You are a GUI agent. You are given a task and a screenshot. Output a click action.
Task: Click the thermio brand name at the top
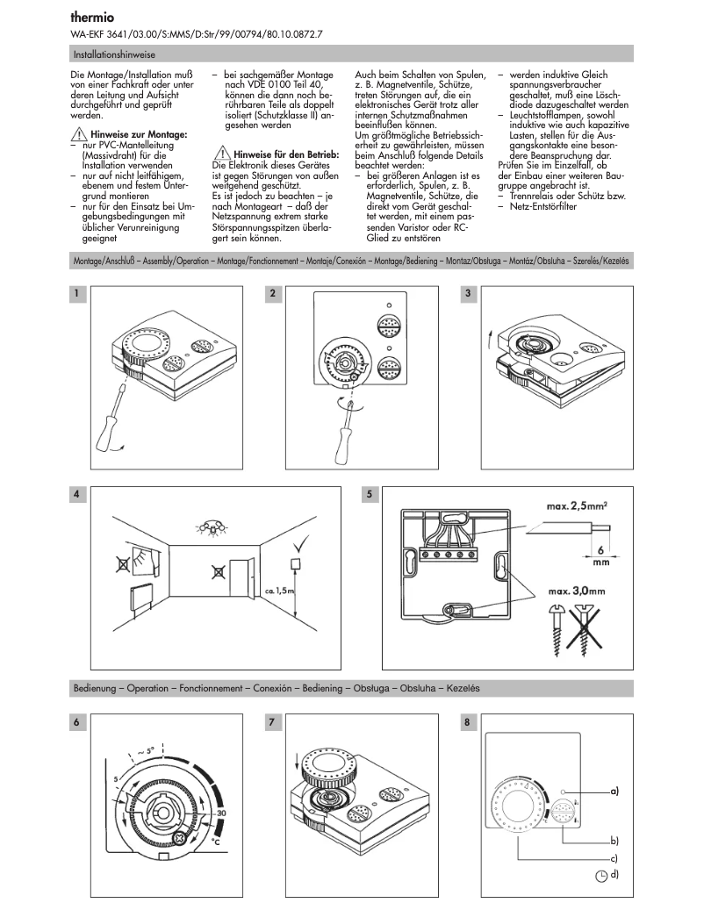click(90, 17)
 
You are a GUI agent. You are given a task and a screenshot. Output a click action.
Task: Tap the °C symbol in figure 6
click(215, 842)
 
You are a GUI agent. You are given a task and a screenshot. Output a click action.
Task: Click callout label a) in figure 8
click(614, 791)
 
